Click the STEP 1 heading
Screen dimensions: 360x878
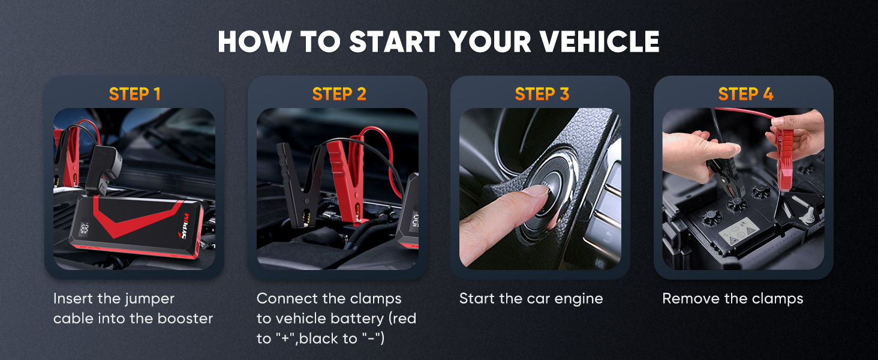click(x=134, y=94)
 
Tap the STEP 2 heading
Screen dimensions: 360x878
click(x=339, y=94)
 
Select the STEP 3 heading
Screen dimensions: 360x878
click(x=542, y=94)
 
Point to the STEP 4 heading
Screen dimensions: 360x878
click(x=745, y=94)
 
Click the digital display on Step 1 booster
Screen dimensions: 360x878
click(x=84, y=229)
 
